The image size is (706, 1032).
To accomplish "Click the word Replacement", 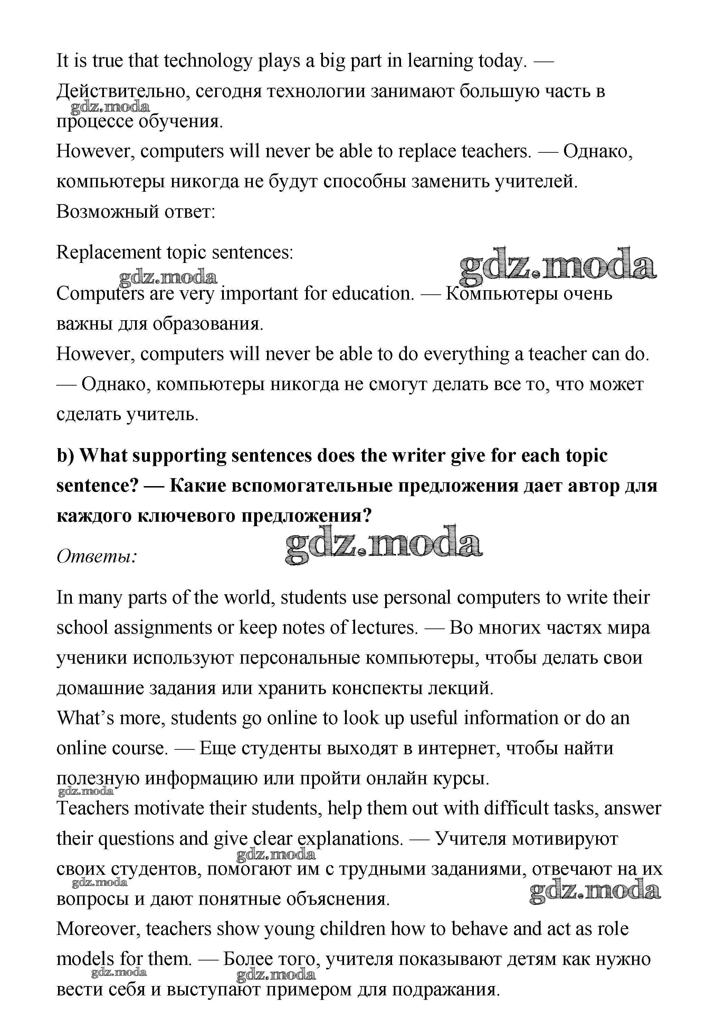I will [108, 253].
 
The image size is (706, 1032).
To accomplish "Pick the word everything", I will [466, 354].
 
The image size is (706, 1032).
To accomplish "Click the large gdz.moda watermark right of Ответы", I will [383, 545].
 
